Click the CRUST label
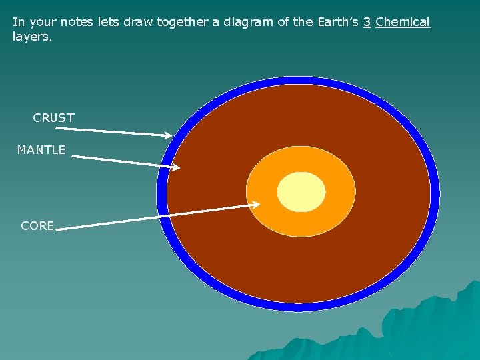[x=53, y=118]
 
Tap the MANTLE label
[x=41, y=150]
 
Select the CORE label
[x=37, y=226]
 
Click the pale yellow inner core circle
[x=301, y=192]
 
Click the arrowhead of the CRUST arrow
[x=168, y=135]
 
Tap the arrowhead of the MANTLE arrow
[x=176, y=167]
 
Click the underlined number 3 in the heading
[x=367, y=22]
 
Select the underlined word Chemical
[x=403, y=22]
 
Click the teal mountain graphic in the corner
[x=427, y=327]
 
